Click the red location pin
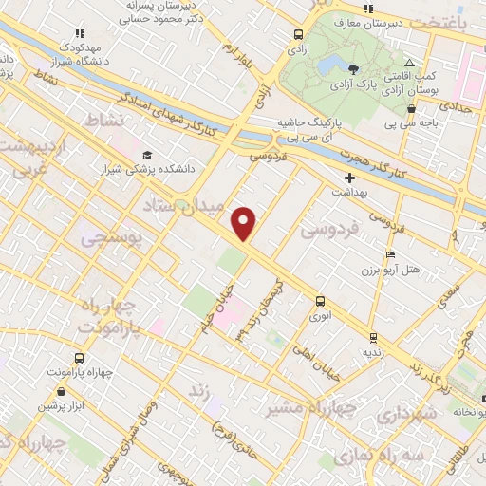pyautogui.click(x=245, y=223)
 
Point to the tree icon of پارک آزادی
pyautogui.click(x=353, y=68)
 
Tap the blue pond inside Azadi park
pyautogui.click(x=331, y=65)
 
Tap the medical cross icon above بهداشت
pyautogui.click(x=349, y=177)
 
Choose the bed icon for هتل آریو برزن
pyautogui.click(x=389, y=255)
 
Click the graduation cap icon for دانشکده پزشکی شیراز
pyautogui.click(x=146, y=155)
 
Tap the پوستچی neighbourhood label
pyautogui.click(x=112, y=240)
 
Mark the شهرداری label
pyautogui.click(x=405, y=414)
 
